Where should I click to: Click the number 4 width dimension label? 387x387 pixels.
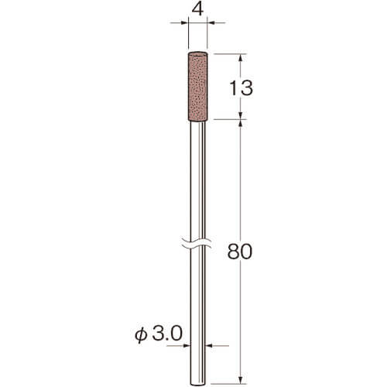point(198,10)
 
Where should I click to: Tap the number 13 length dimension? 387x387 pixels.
point(241,88)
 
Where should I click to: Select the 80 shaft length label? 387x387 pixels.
point(240,252)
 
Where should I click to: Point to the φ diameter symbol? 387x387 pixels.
point(142,335)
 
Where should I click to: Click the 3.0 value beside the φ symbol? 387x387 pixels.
point(167,334)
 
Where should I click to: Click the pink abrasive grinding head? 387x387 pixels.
point(198,87)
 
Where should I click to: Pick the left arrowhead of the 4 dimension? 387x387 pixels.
point(185,23)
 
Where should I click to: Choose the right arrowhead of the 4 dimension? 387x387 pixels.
point(211,23)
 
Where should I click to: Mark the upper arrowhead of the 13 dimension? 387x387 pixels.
point(241,57)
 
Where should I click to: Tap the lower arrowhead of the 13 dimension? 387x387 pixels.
point(241,115)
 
